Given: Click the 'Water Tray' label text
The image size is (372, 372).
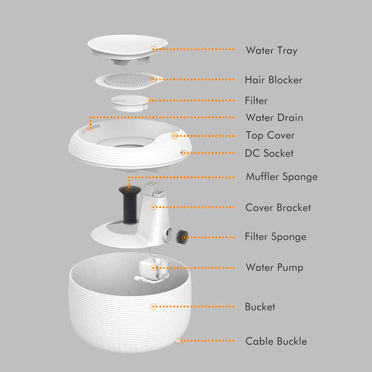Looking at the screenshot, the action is tap(271, 50).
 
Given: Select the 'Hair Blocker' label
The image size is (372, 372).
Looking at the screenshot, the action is tap(274, 80).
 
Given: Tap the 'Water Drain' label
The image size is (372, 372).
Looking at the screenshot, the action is tap(274, 118).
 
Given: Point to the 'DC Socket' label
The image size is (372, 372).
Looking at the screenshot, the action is tap(269, 154).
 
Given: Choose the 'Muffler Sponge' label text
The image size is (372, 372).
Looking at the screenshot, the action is tap(281, 177).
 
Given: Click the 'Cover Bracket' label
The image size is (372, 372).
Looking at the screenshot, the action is tap(278, 207).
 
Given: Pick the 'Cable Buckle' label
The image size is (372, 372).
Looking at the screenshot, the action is tap(276, 341).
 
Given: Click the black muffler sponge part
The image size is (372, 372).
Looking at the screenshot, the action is tap(130, 204).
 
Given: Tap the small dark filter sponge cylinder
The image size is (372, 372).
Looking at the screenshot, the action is tap(182, 237).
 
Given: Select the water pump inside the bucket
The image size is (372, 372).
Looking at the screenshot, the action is tap(152, 269).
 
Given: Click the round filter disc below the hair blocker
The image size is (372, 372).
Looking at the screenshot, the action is tap(130, 103).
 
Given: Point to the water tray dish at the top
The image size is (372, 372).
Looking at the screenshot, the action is tap(128, 50).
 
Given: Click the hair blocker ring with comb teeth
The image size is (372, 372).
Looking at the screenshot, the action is tap(128, 81).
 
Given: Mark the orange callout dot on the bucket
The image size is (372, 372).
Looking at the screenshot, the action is tap(154, 306).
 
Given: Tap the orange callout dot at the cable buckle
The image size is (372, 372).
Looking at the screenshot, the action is tap(181, 341).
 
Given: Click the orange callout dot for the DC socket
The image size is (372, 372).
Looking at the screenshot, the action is tap(184, 153).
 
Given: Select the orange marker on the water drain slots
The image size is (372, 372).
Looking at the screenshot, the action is tap(91, 128).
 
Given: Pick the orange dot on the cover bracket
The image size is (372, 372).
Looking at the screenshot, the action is tap(154, 207).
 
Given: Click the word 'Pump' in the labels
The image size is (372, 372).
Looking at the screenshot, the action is tap(290, 268).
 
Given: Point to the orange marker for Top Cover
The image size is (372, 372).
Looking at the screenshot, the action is tap(174, 136).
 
